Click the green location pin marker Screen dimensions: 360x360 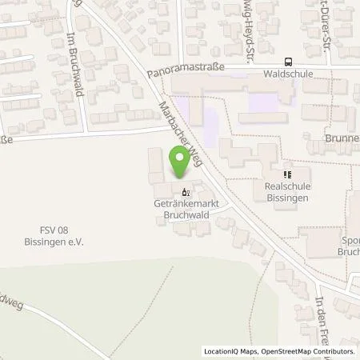tap(179, 162)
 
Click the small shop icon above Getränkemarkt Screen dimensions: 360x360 tap(186, 192)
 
